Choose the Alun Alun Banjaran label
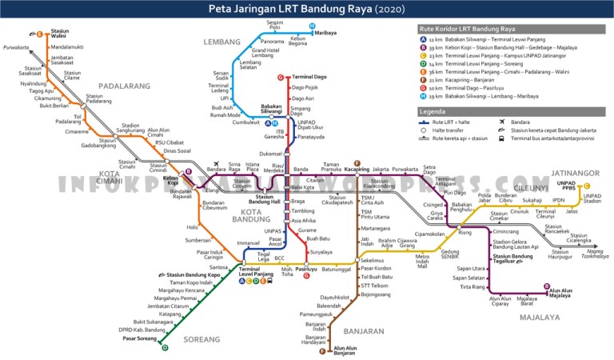tap(345, 350)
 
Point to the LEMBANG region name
tap(221, 41)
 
